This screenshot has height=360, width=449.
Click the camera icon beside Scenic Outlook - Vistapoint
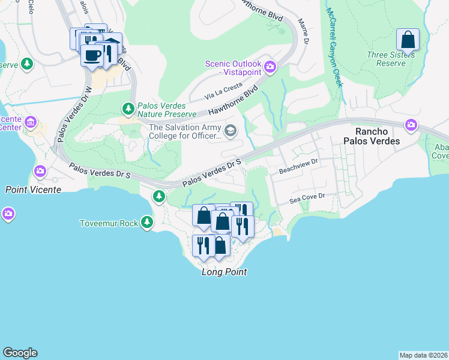tap(270, 67)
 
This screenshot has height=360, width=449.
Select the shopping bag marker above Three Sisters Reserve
tap(408, 41)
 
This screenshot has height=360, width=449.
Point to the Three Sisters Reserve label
tap(391, 59)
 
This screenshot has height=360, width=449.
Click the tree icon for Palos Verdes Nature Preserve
tap(128, 109)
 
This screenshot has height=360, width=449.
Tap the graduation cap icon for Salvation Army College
tap(230, 130)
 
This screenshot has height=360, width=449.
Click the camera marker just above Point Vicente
tap(41, 172)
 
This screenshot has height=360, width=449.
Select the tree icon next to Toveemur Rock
tap(147, 223)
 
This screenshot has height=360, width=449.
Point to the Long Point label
tap(224, 272)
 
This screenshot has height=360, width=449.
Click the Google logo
tap(20, 353)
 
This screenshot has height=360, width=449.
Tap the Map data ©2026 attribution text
tap(423, 355)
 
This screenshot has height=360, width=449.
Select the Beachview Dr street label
tap(297, 171)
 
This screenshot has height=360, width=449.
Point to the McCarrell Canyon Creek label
tap(334, 48)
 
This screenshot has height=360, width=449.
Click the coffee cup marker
tap(92, 56)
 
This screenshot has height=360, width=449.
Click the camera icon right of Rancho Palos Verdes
tap(411, 125)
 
